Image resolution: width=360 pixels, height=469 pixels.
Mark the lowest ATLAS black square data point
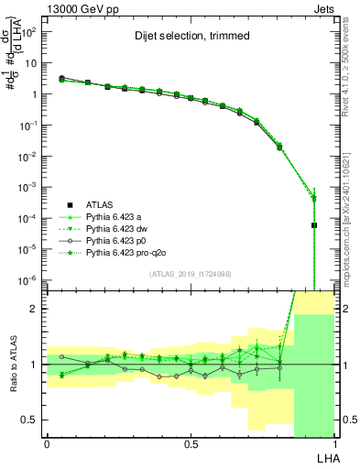point(313,224)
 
